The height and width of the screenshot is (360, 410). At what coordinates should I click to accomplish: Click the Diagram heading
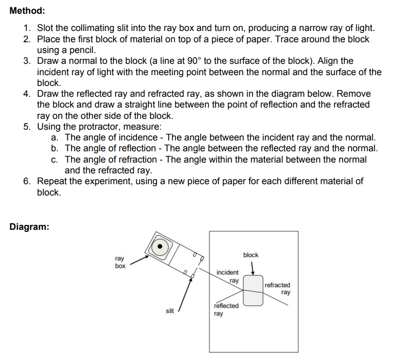29,227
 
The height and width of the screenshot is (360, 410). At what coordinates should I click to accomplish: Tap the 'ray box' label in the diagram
120,262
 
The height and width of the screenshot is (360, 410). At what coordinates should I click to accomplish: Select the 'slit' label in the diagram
170,310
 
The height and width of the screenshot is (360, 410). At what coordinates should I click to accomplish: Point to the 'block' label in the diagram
250,255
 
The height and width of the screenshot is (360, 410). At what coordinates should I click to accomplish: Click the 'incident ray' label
228,276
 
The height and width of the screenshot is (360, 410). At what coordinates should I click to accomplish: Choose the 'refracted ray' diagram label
278,288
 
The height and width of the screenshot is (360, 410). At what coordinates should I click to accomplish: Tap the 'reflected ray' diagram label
226,309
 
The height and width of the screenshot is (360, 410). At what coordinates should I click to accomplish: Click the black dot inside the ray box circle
160,247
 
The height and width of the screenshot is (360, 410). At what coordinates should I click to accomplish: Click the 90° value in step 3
194,61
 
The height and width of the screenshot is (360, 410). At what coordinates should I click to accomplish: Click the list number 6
27,181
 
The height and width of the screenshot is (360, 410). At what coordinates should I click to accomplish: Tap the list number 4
27,94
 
